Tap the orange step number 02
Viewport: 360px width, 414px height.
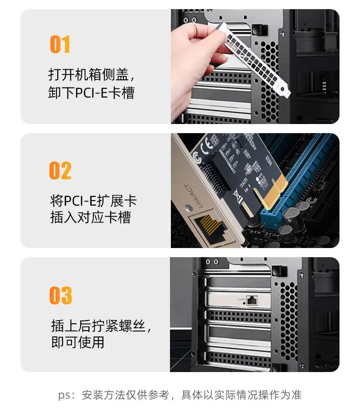coord(60,170)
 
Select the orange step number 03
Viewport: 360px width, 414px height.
coord(61,295)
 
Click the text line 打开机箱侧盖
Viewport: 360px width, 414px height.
coord(91,74)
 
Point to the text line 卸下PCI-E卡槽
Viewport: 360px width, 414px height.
coord(91,93)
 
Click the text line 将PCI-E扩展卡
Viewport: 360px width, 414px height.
coord(93,200)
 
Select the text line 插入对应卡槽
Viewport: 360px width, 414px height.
coord(90,217)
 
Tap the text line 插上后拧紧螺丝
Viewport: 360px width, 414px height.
coord(101,326)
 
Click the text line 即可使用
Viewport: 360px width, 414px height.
coord(78,342)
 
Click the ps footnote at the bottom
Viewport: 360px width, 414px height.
coord(180,394)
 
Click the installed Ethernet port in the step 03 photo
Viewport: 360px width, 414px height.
coord(252,300)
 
